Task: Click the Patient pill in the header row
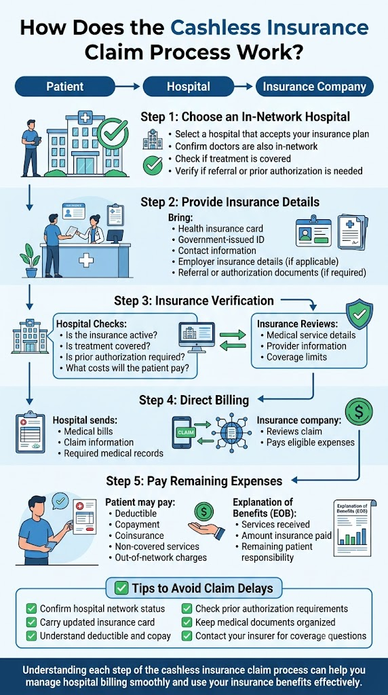tap(65, 86)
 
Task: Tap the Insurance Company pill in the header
tap(315, 86)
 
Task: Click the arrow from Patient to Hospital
tap(129, 86)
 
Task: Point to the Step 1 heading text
tap(246, 117)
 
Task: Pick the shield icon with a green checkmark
tap(359, 315)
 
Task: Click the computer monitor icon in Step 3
tap(196, 335)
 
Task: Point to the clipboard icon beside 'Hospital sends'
tap(30, 432)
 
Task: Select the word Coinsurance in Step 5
tap(139, 536)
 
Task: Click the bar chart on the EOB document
tap(351, 535)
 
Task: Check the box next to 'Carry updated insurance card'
tap(31, 622)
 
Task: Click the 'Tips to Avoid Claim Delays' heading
tap(195, 588)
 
